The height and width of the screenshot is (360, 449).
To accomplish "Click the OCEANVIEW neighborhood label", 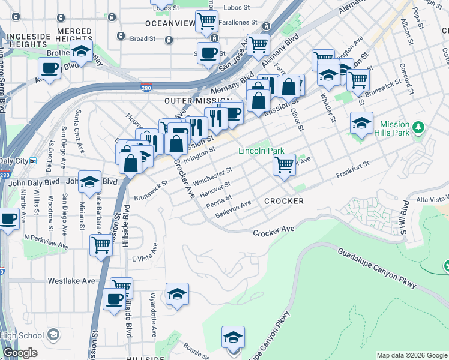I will tap(170, 23).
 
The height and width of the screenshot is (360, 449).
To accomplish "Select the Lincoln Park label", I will tap(261, 151).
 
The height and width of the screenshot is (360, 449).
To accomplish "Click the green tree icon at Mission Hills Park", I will tap(420, 127).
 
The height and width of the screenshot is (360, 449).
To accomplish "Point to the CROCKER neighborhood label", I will tap(284, 201).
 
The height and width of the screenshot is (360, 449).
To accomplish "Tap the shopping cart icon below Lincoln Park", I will tap(284, 164).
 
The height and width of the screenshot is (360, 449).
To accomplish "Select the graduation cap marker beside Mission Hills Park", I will tap(361, 123).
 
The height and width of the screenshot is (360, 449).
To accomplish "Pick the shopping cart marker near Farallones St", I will tap(207, 22).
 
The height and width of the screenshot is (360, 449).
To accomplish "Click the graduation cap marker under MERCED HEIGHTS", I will tap(80, 53).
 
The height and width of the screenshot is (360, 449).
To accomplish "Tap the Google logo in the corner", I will tap(20, 353).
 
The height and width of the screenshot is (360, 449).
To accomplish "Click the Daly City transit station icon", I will tap(34, 161).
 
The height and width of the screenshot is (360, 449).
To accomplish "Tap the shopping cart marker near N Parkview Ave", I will tap(101, 244).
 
